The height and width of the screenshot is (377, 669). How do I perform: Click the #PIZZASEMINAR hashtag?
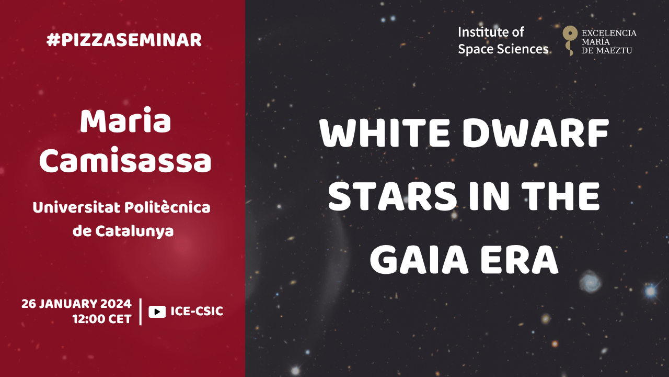click(124, 40)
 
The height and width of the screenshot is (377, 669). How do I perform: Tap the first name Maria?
click(125, 121)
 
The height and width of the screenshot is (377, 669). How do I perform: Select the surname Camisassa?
click(125, 160)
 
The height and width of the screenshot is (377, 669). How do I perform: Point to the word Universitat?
click(77, 207)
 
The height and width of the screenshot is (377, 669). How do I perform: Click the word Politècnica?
click(167, 207)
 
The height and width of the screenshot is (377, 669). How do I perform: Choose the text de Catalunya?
click(123, 231)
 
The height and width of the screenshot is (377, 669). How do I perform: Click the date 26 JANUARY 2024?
click(76, 304)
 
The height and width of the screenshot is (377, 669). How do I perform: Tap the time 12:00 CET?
click(102, 319)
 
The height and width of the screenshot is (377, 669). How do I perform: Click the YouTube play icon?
click(157, 312)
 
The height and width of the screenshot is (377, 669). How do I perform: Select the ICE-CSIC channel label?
click(197, 311)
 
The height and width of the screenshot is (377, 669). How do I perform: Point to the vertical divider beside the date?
click(141, 312)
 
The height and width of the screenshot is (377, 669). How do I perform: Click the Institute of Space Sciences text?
click(503, 41)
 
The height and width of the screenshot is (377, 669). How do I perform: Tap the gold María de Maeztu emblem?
click(570, 40)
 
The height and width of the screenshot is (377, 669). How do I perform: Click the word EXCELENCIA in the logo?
click(609, 33)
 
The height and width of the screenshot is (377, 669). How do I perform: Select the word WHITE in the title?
click(385, 133)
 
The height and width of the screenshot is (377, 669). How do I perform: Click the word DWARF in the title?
click(536, 133)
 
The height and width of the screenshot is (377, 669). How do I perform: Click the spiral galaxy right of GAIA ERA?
click(590, 281)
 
